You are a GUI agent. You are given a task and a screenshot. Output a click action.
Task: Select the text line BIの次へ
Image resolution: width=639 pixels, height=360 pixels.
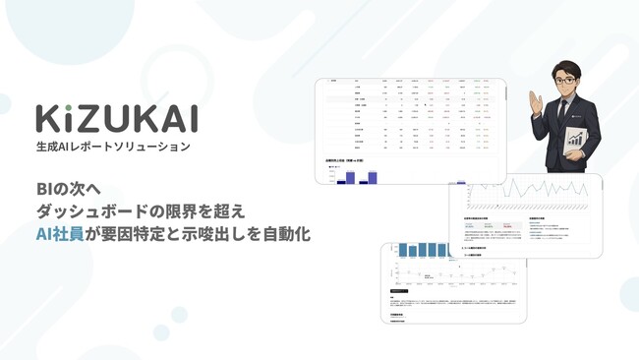tap(71, 186)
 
